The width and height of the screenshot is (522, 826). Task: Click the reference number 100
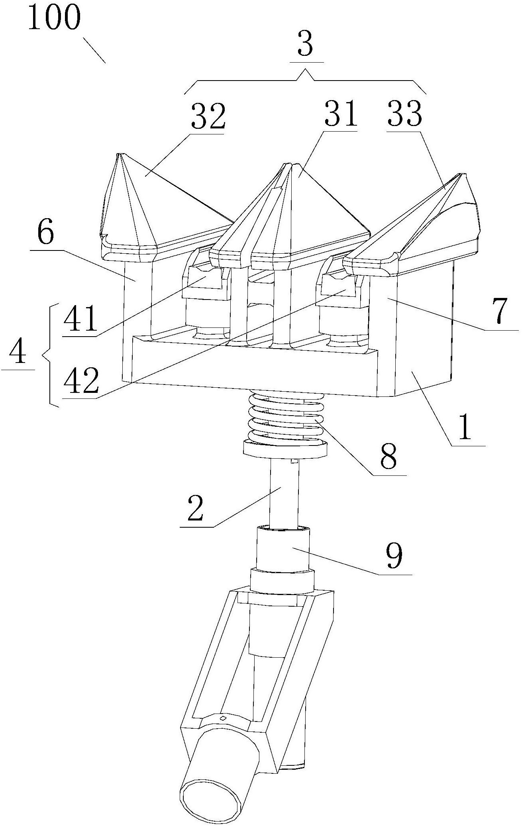click(54, 17)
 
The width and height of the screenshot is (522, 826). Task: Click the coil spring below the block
click(285, 418)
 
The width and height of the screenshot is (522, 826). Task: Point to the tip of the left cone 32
click(118, 154)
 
